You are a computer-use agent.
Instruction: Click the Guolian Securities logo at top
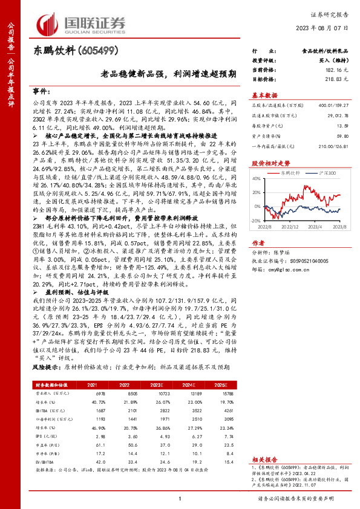(81, 22)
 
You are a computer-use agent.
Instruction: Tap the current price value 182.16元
(336, 71)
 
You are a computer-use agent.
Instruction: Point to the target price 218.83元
(336, 79)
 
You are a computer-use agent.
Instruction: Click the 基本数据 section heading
(264, 95)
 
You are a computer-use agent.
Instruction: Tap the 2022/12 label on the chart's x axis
(290, 227)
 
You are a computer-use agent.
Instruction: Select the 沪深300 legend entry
(323, 172)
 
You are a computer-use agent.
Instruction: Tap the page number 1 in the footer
(180, 498)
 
